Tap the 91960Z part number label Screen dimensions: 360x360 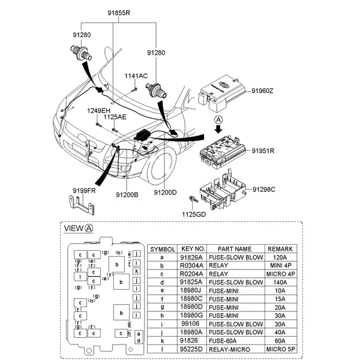pyautogui.click(x=263, y=91)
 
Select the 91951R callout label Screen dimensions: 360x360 pyautogui.click(x=263, y=151)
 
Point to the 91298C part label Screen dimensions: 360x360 pyautogui.click(x=264, y=190)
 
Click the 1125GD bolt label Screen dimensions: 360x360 pyautogui.click(x=194, y=214)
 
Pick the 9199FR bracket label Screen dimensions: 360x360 pyautogui.click(x=85, y=190)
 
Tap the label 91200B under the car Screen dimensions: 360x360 pyautogui.click(x=127, y=193)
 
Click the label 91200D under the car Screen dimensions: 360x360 pyautogui.click(x=165, y=193)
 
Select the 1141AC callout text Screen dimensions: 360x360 pyautogui.click(x=136, y=76)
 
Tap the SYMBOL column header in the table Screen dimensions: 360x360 pyautogui.click(x=162, y=248)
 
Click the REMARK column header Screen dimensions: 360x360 pyautogui.click(x=280, y=248)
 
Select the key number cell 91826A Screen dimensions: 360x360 pyautogui.click(x=193, y=257)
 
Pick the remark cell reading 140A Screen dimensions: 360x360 pyautogui.click(x=280, y=281)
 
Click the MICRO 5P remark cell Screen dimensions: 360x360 pyautogui.click(x=280, y=348)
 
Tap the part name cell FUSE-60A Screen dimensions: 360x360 pyautogui.click(x=235, y=340)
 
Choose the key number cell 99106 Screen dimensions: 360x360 pyautogui.click(x=193, y=323)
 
